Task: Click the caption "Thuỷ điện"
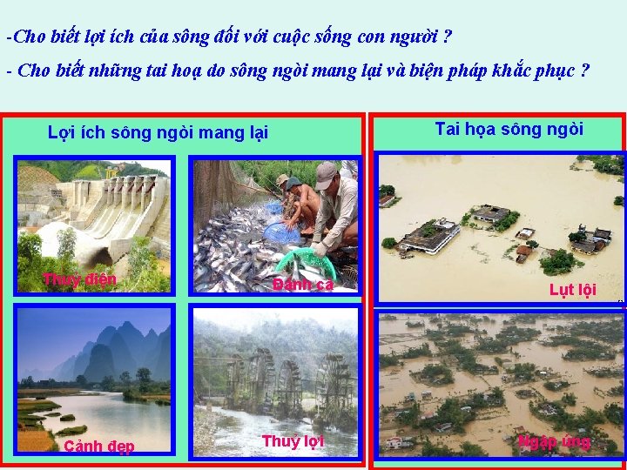point(80,279)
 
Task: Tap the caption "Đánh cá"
point(302,285)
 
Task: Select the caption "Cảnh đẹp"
point(98,446)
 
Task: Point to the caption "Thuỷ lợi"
point(293,441)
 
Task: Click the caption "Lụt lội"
point(572,290)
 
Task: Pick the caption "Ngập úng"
point(554,441)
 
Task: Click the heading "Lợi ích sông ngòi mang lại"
point(158,132)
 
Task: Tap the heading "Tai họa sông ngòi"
point(509,130)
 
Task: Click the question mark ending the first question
point(447,37)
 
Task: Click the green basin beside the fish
point(307,261)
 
